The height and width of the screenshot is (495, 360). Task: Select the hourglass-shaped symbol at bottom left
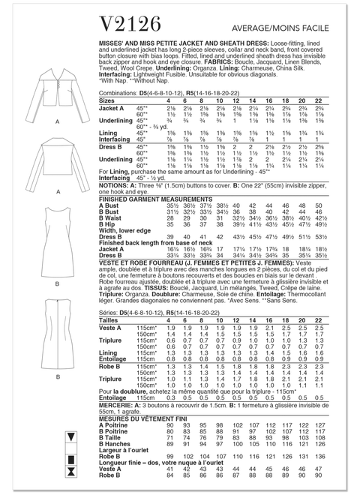click(72, 471)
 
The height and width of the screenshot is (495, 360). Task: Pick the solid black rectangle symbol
click(72, 453)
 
